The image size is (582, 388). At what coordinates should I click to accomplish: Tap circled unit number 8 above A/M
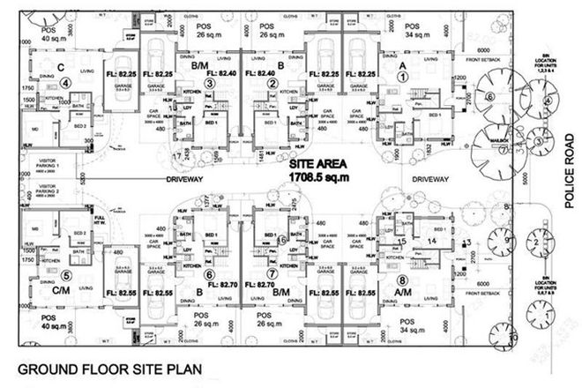(402, 257)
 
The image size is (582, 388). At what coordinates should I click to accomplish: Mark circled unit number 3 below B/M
(210, 83)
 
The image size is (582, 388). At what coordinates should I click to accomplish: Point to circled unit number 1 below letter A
(403, 77)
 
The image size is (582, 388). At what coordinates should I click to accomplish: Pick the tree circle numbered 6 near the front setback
(490, 96)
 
